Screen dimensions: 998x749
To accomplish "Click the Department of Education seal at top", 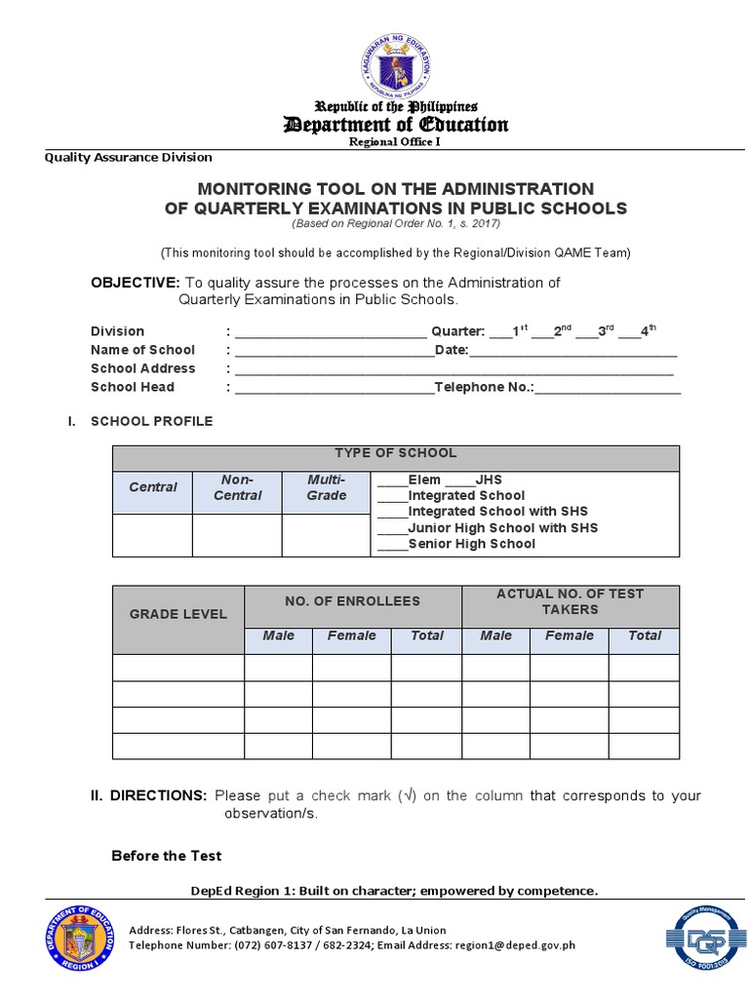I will click(395, 63).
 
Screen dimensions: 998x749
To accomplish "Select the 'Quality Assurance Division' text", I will click(128, 157).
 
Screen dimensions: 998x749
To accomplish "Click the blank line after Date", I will click(573, 350).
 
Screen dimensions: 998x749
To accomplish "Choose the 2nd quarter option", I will click(552, 331).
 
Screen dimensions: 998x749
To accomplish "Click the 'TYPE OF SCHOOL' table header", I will click(395, 453).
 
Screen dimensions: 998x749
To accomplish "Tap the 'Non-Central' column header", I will click(237, 487).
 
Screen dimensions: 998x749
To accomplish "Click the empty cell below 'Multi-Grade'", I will click(326, 535).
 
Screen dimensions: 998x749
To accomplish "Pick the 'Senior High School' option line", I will click(471, 544).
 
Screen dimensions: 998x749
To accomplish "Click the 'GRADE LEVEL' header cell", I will click(177, 614).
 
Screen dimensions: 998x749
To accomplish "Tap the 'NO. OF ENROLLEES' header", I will click(352, 601).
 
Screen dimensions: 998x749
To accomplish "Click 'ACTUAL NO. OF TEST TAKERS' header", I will click(570, 601).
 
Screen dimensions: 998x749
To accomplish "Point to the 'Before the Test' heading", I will click(166, 856).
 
